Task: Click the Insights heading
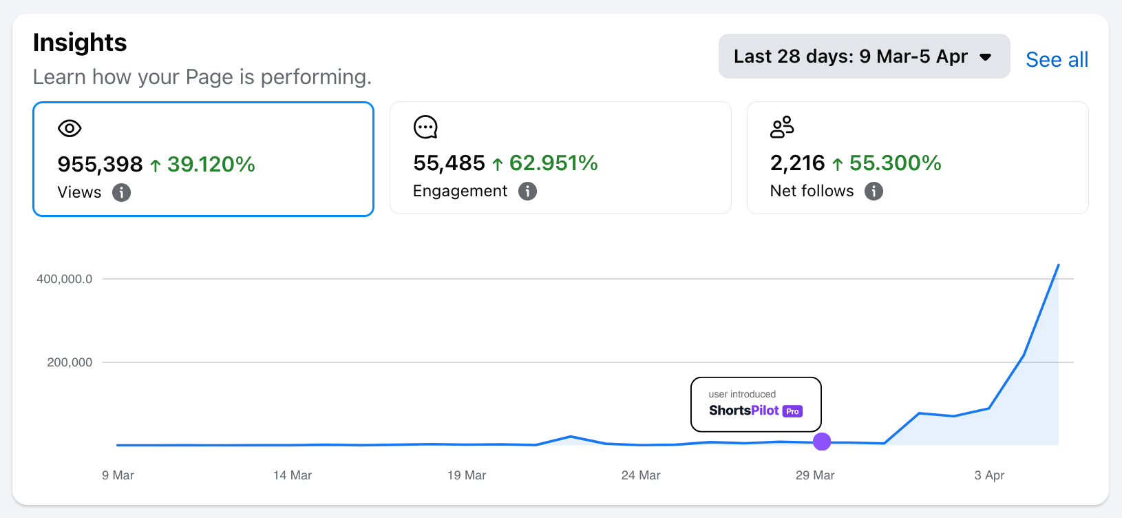coord(80,43)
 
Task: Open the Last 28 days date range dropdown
coord(863,56)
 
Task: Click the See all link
coord(1057,60)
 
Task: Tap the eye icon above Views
coord(70,128)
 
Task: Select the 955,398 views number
coord(100,164)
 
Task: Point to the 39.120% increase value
coord(211,164)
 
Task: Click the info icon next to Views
coord(121,192)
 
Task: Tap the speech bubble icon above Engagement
coord(425,127)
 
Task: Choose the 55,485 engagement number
coord(449,163)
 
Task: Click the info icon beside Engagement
coord(527,191)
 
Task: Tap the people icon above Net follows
coord(782,127)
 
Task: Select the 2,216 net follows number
coord(797,163)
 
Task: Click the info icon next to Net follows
coord(874,191)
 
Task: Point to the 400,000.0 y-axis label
coord(65,279)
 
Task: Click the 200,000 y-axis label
coord(70,362)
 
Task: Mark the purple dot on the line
coord(822,442)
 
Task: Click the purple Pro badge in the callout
coord(792,411)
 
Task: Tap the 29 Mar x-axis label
coord(815,475)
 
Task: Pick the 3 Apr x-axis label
coord(989,475)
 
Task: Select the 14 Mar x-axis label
coord(293,475)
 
